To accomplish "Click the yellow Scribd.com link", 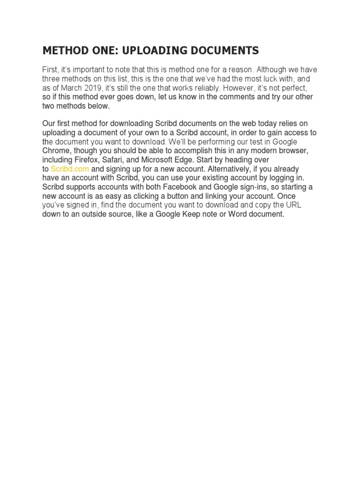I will tap(70, 169).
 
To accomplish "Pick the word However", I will tap(238, 88).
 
